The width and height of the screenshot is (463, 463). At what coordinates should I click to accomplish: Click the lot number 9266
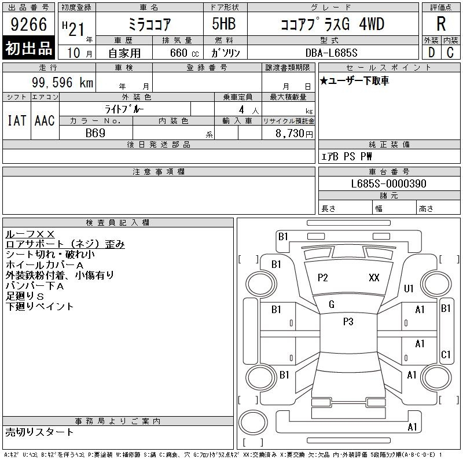coord(28,24)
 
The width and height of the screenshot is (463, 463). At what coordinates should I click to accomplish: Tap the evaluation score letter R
coord(441,24)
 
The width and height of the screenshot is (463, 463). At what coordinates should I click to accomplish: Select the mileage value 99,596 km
coord(63,82)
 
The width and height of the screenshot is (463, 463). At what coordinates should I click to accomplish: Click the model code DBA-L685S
coord(331,53)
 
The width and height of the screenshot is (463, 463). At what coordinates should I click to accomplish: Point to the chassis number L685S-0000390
coord(388,183)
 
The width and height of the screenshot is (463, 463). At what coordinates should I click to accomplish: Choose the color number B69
coord(95,133)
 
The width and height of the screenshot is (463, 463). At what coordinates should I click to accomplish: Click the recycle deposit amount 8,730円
coord(294,134)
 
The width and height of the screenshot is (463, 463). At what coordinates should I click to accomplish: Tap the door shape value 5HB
coord(224,24)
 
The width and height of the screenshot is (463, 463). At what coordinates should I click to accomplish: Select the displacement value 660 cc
coord(184,53)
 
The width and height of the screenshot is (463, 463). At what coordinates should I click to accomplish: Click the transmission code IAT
coord(17,120)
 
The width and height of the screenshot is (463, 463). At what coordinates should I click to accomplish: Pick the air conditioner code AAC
coord(45,120)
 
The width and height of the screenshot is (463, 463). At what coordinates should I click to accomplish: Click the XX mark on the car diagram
coord(374,278)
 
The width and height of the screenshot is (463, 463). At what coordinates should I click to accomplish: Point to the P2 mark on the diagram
coord(323,278)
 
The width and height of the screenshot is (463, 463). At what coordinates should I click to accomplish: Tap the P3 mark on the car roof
coord(348,322)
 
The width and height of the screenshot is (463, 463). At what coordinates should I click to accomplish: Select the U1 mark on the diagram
coord(409,288)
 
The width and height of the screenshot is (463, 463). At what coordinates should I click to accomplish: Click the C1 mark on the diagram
coord(446,354)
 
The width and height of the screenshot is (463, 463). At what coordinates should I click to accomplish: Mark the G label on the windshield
coord(332,304)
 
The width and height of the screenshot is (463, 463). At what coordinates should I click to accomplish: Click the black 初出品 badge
coord(28,47)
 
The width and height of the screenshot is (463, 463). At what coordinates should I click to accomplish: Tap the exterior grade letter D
coord(431,53)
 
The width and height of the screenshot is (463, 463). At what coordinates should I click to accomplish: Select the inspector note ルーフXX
coord(30,234)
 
